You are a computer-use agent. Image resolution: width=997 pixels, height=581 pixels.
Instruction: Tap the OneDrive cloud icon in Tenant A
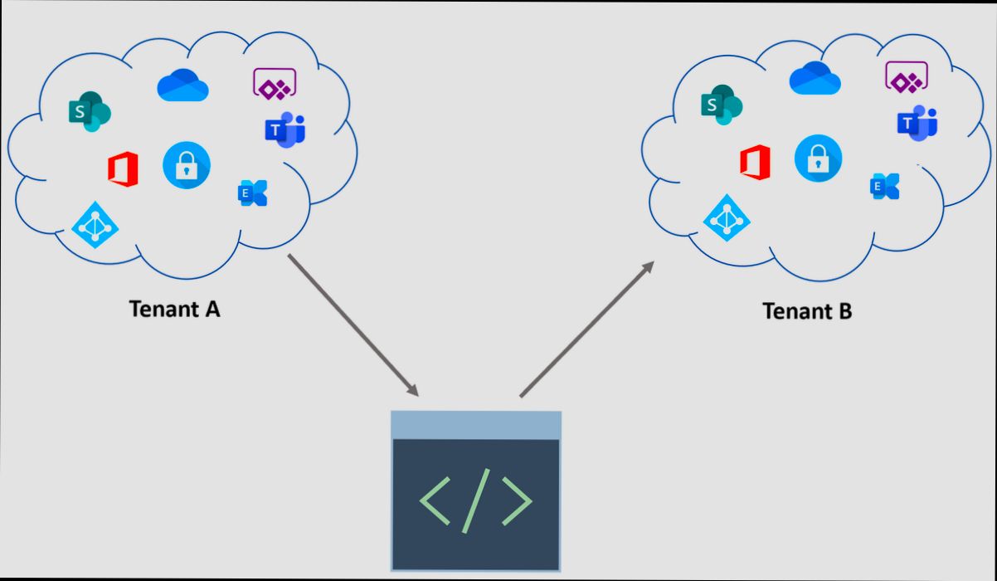click(182, 85)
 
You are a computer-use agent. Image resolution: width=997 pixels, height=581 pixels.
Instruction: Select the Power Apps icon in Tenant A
click(275, 83)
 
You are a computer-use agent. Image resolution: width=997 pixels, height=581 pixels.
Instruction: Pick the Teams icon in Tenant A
click(285, 129)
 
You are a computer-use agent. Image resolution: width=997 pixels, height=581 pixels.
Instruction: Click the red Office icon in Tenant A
click(123, 170)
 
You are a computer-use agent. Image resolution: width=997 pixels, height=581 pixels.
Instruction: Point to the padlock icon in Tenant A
click(187, 165)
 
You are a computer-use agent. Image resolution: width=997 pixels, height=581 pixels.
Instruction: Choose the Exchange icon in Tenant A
click(253, 193)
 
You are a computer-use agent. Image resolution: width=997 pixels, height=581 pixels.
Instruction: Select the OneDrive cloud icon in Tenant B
click(815, 79)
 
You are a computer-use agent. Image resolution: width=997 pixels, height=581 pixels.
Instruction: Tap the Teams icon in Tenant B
click(917, 123)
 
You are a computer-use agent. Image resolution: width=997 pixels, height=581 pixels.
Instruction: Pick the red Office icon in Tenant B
click(755, 162)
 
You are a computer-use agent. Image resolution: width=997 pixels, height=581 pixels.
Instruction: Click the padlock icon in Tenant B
click(818, 158)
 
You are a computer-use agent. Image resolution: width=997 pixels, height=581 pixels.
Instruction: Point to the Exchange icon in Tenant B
click(885, 187)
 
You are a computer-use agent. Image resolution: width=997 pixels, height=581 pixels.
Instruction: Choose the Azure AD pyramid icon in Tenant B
click(727, 217)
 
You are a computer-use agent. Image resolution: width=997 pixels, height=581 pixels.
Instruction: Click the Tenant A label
click(174, 309)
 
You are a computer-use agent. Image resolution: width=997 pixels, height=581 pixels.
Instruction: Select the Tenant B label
click(807, 311)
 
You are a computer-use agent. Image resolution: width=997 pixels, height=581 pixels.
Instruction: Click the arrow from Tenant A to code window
click(353, 325)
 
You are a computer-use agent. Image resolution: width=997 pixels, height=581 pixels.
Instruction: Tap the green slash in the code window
click(476, 500)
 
